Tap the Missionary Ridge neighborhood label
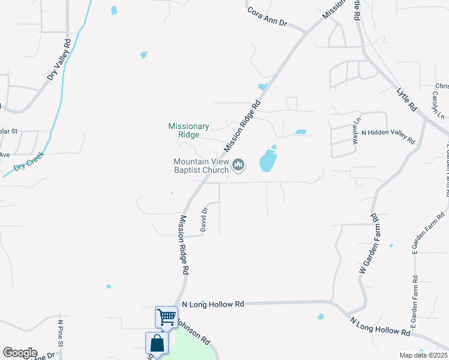(188, 130)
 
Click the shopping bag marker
(157, 343)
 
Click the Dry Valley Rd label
(60, 60)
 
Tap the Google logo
(20, 353)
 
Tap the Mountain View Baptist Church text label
(201, 166)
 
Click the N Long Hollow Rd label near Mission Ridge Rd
(213, 304)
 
